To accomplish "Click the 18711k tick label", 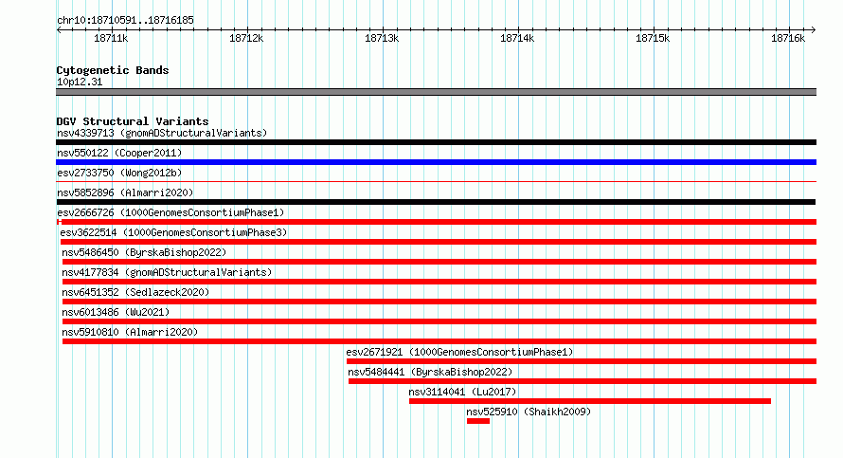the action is point(111,38).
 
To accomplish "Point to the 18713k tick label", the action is point(382,38).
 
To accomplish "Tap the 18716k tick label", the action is point(788,38).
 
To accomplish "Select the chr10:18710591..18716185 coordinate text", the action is point(125,21).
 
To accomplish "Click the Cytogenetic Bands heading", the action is point(113,70).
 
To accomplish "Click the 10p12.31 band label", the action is point(80,82).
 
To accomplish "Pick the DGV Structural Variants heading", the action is point(133,121).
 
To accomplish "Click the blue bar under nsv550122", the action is point(436,162).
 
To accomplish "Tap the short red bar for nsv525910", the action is point(478,421).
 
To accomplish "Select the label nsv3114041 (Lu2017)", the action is point(462,392).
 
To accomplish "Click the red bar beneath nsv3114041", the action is point(590,401).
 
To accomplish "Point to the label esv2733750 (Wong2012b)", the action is point(119,173).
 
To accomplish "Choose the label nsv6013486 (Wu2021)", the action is point(116,312).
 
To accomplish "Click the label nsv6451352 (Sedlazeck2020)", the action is point(135,292).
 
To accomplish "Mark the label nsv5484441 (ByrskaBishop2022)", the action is point(430,372).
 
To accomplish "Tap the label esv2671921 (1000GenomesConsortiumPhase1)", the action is point(459,352).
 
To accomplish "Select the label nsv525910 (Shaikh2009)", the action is point(529,412).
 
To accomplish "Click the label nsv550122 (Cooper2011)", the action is point(119,153).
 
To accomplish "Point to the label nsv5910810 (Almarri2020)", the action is point(130,332).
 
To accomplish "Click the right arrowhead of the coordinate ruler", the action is point(815,29).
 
